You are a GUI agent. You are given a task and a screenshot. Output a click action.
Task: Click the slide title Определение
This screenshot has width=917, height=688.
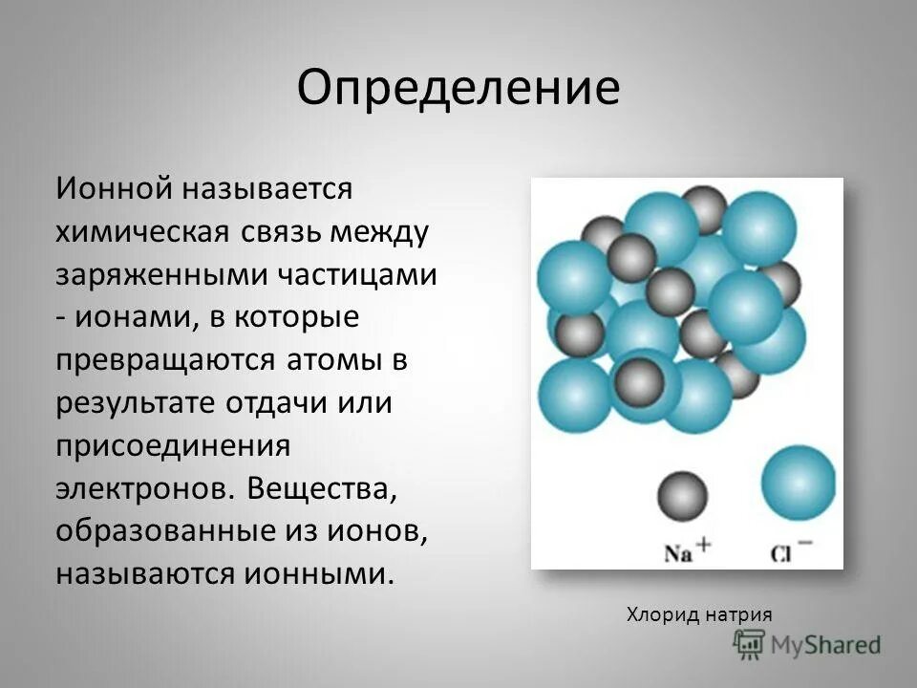point(458,89)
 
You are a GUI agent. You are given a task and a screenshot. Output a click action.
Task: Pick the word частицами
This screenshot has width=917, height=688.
point(357,275)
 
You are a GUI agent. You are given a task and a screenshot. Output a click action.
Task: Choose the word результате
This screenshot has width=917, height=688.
point(135,402)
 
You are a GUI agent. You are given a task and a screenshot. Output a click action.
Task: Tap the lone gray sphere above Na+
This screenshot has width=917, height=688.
point(682,497)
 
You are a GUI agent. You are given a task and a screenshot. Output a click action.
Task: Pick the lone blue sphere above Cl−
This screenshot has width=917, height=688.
point(799,483)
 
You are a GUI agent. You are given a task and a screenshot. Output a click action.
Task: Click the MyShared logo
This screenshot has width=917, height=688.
point(807,645)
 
